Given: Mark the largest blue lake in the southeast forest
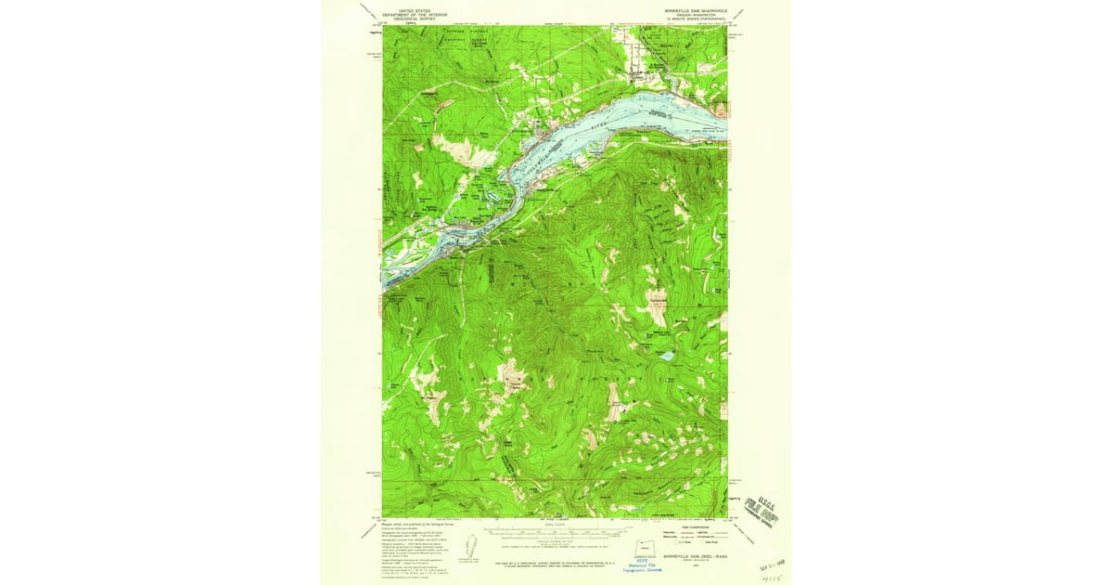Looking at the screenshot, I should pos(666,356).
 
